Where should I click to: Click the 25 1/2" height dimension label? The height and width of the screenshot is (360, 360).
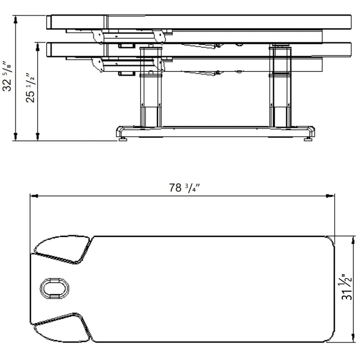click(30, 88)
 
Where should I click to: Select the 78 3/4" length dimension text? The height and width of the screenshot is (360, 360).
click(184, 188)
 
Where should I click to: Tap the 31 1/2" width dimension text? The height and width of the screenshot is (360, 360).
click(346, 287)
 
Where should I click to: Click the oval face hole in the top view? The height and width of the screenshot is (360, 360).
click(54, 288)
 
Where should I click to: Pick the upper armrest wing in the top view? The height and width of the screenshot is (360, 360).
click(62, 249)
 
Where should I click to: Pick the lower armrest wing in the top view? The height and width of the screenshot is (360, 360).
click(62, 327)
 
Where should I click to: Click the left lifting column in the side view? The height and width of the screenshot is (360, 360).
click(151, 87)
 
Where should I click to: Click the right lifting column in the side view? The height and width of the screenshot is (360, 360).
click(280, 87)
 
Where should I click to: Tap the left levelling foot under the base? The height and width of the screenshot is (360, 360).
click(123, 139)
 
